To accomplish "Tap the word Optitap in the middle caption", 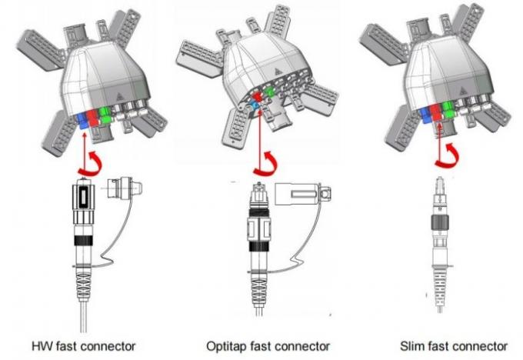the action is coord(226,347).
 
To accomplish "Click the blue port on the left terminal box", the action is coord(82,121).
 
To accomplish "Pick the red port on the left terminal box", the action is coord(92,118).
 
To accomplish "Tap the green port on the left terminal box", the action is coord(105,115).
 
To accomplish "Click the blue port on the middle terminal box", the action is coord(256,107).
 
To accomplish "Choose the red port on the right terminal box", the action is coord(435,112).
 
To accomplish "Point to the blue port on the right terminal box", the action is coord(425,115).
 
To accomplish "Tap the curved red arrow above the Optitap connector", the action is coord(266,164).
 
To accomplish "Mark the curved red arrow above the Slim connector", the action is coord(448,156).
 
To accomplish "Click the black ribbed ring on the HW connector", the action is coord(83,240).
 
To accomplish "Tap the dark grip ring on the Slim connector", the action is coord(440,222).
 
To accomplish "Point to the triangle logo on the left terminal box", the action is coord(120,96).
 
